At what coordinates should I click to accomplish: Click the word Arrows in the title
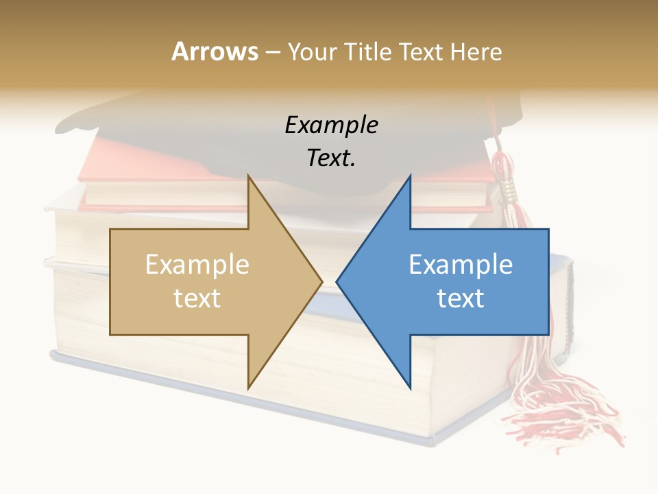tap(215, 51)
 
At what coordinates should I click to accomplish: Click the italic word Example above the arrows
tap(331, 126)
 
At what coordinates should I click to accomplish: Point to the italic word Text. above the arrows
tap(331, 158)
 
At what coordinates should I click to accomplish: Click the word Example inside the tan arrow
tap(197, 265)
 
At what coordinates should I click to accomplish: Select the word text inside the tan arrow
tap(197, 298)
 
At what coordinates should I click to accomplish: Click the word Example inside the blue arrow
tap(461, 265)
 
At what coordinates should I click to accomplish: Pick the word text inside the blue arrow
tap(461, 298)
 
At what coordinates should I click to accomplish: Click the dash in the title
tap(272, 52)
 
